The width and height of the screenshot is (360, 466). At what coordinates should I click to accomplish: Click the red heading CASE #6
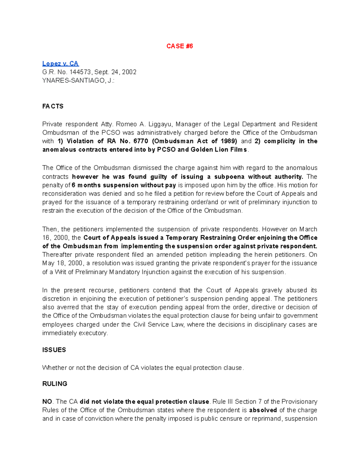pos(179,46)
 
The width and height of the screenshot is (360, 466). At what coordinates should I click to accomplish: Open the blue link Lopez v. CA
pos(60,63)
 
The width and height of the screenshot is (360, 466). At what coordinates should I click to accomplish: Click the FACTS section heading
pos(53,106)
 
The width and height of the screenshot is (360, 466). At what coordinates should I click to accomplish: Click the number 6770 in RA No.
pos(141,141)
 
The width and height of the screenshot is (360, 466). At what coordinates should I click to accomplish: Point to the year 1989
pos(228,141)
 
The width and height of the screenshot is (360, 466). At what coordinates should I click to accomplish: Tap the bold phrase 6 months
pos(86,185)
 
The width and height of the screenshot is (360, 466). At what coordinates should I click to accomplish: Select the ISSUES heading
pos(54,350)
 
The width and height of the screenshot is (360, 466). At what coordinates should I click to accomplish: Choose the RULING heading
pos(55,384)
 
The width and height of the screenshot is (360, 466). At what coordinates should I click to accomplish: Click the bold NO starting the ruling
pos(47,401)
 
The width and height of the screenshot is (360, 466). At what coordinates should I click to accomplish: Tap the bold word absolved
pos(263,410)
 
